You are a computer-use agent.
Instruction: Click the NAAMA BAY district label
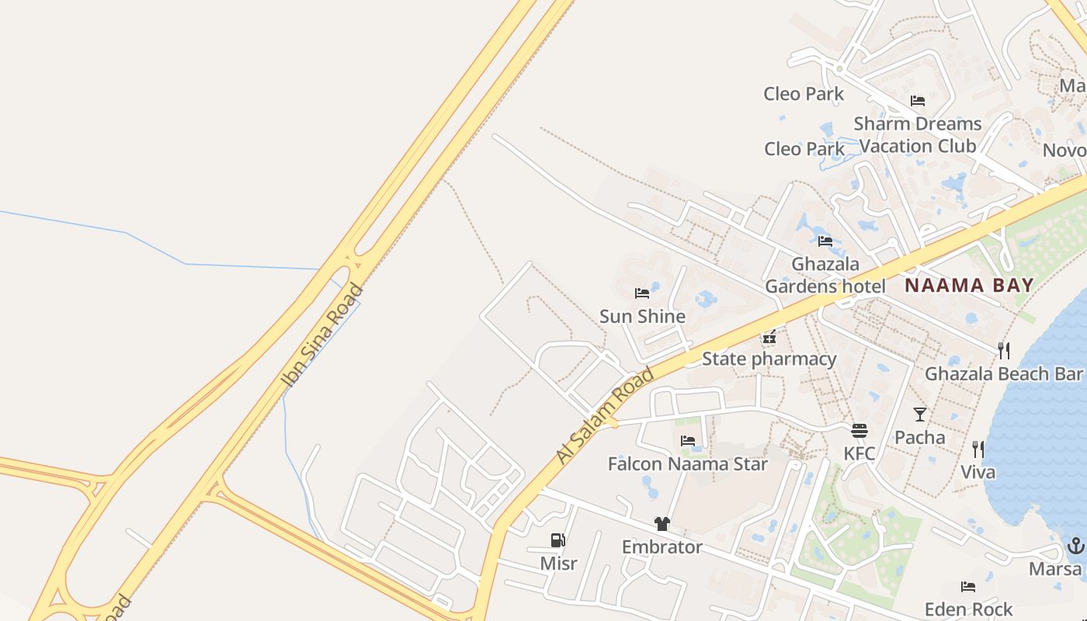click(969, 285)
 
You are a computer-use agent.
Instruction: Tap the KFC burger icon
click(859, 431)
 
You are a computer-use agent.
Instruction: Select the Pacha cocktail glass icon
click(920, 415)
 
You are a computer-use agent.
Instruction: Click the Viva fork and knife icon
click(978, 449)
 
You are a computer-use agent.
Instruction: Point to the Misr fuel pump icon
click(557, 539)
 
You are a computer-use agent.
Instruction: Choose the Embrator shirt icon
click(662, 524)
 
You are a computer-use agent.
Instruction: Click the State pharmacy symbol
click(769, 337)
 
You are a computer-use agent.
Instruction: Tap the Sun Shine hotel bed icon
click(642, 293)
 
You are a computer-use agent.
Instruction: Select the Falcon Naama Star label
click(687, 464)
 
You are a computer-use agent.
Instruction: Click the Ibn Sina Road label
click(322, 335)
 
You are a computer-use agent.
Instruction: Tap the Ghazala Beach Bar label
click(1003, 374)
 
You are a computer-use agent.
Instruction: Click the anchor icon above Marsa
click(1075, 546)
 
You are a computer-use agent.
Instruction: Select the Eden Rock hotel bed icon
click(967, 586)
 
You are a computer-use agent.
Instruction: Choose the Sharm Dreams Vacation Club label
click(918, 134)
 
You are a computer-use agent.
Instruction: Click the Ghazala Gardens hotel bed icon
click(825, 241)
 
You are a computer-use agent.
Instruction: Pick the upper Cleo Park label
click(804, 94)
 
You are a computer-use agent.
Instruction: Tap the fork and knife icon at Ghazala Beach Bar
click(1004, 351)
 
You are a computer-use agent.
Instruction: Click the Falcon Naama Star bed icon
click(688, 441)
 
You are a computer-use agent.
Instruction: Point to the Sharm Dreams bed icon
click(918, 101)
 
